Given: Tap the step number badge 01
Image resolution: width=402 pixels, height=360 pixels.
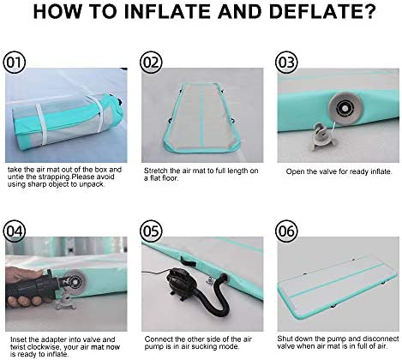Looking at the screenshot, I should point(15,62).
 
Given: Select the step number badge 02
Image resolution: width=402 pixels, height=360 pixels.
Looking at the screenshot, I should point(151,62).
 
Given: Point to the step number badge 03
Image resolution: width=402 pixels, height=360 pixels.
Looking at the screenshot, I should point(286,62).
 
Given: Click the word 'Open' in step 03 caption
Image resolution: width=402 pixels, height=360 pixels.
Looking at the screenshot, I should point(294,170).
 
